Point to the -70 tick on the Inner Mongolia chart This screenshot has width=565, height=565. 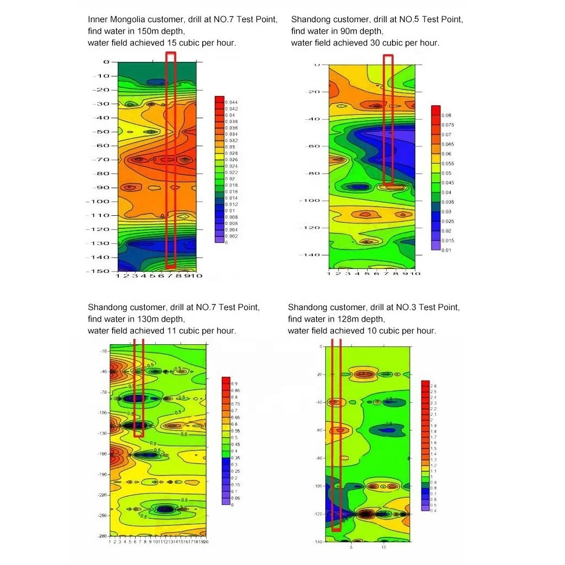[x=102, y=159]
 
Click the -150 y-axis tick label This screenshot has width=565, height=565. [x=100, y=271]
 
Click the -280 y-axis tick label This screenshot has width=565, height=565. [x=102, y=536]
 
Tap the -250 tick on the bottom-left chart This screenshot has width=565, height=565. [x=102, y=516]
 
